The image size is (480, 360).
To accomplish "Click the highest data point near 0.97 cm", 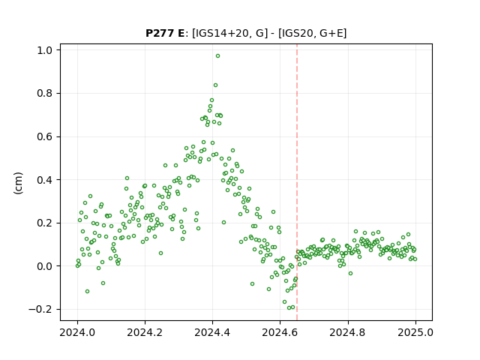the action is [x=217, y=56].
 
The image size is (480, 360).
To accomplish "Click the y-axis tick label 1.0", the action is [x=44, y=50].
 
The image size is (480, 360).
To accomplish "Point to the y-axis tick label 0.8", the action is [x=44, y=93].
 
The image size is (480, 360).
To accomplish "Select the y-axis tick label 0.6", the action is [x=44, y=136].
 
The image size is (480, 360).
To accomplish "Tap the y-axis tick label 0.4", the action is [x=44, y=180].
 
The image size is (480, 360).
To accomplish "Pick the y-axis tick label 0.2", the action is [x=44, y=223].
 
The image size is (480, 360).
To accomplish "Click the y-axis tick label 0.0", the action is [x=44, y=266].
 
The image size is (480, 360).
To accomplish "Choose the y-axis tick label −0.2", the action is [x=40, y=310].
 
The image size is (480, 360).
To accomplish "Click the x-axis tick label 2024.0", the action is [x=77, y=332].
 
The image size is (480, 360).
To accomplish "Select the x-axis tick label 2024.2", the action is [x=145, y=332].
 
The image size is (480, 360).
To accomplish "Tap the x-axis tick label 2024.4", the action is [x=212, y=332].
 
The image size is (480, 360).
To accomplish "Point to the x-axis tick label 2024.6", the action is [x=280, y=332].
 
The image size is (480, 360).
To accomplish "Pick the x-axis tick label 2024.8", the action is [x=348, y=332].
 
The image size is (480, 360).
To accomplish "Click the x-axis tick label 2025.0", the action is [x=415, y=332].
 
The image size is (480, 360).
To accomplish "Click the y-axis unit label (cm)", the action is [x=18, y=183].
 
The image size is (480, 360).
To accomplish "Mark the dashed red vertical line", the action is [x=297, y=182].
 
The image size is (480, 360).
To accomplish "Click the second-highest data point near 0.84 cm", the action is [x=215, y=85].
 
